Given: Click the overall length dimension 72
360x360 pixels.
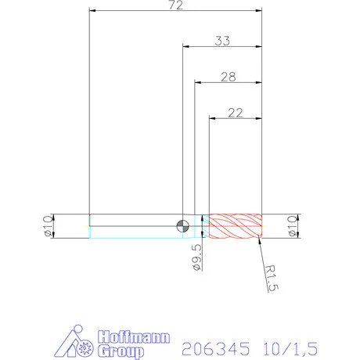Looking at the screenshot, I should click(175, 5).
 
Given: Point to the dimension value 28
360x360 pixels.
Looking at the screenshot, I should click(228, 77).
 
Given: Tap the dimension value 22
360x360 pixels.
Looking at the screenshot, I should click(235, 113).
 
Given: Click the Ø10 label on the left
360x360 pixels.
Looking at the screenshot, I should click(46, 225).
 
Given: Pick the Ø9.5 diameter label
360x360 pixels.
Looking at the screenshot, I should click(196, 257).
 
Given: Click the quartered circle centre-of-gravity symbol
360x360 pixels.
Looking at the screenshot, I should click(182, 225).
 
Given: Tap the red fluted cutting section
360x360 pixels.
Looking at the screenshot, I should click(237, 225).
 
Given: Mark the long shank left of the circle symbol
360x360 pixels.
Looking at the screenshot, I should click(133, 225).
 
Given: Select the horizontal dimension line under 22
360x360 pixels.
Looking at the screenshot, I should click(235, 119).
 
